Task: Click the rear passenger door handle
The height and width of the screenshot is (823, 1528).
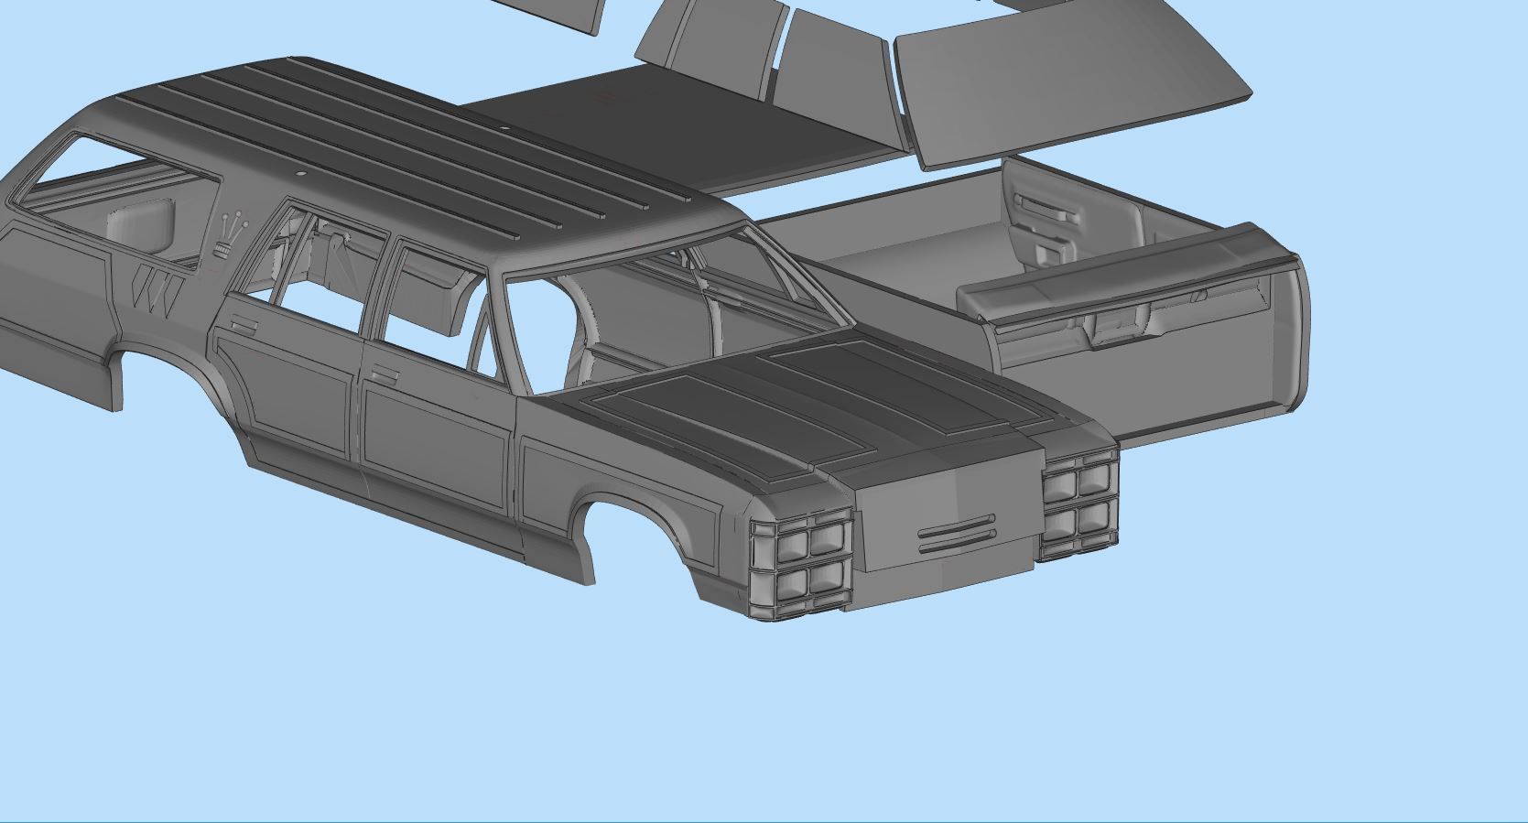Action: tap(244, 326)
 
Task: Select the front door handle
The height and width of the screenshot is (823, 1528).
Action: tap(384, 375)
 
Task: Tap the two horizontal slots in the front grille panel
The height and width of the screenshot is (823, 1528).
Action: tap(956, 535)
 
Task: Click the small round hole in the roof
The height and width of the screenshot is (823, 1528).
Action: tap(301, 173)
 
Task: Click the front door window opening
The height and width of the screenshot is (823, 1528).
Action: tap(430, 302)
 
